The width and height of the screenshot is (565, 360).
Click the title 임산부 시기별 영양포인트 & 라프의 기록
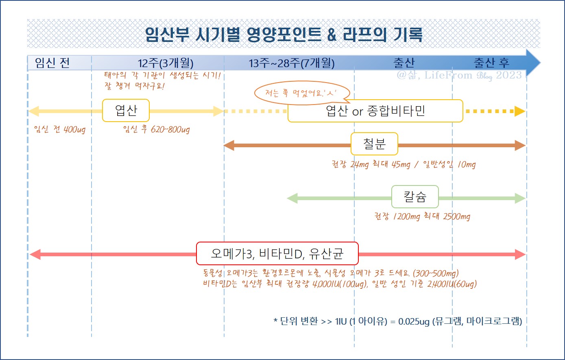(x=284, y=35)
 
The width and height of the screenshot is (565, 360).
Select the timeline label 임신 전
(x=52, y=63)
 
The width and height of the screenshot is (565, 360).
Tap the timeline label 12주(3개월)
(x=166, y=63)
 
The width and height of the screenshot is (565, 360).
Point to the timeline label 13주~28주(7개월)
(x=292, y=63)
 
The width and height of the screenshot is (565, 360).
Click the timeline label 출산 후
(x=491, y=63)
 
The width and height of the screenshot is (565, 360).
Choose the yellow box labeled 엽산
(x=126, y=111)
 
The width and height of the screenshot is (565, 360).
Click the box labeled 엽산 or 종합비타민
(x=375, y=111)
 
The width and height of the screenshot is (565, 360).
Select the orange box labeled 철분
(x=374, y=144)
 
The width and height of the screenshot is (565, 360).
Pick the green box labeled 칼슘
(x=415, y=197)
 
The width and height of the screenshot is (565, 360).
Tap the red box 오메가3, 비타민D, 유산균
(x=277, y=254)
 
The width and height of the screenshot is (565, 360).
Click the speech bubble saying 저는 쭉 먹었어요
(x=301, y=93)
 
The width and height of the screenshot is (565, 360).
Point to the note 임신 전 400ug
(x=60, y=130)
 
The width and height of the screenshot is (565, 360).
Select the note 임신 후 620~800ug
(x=156, y=130)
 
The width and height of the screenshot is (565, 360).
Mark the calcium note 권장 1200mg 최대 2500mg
(x=422, y=216)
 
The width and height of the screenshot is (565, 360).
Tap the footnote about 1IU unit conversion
(x=397, y=321)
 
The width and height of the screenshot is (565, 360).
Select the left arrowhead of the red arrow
(x=35, y=255)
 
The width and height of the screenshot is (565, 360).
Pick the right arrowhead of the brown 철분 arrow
(x=520, y=145)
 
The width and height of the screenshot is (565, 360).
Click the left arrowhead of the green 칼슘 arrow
(x=292, y=198)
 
